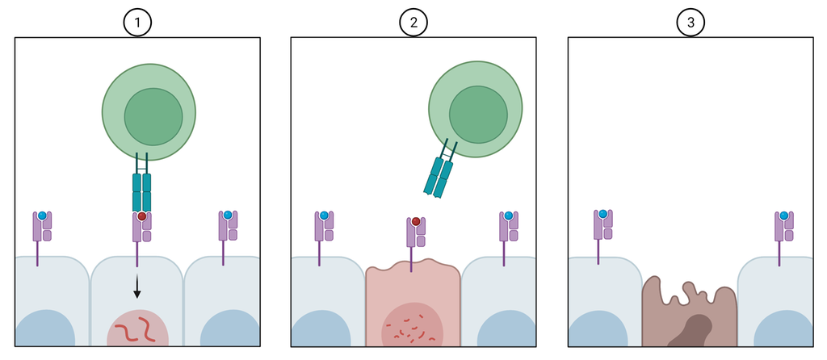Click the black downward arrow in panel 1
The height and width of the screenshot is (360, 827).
point(137,285)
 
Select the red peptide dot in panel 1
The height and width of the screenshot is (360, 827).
point(141,217)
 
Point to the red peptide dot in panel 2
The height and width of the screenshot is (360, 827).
point(416,221)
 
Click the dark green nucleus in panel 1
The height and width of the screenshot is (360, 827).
point(153,115)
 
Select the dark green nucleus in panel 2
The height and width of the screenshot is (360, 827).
point(478,113)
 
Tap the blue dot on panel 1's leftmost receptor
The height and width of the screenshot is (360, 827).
point(42,216)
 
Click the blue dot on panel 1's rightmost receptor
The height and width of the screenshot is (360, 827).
point(228,215)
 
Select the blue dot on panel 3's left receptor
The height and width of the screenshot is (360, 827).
point(602,214)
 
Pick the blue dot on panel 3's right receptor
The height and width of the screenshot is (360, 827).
point(783,216)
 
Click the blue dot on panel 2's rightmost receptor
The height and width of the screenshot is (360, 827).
point(508,216)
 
